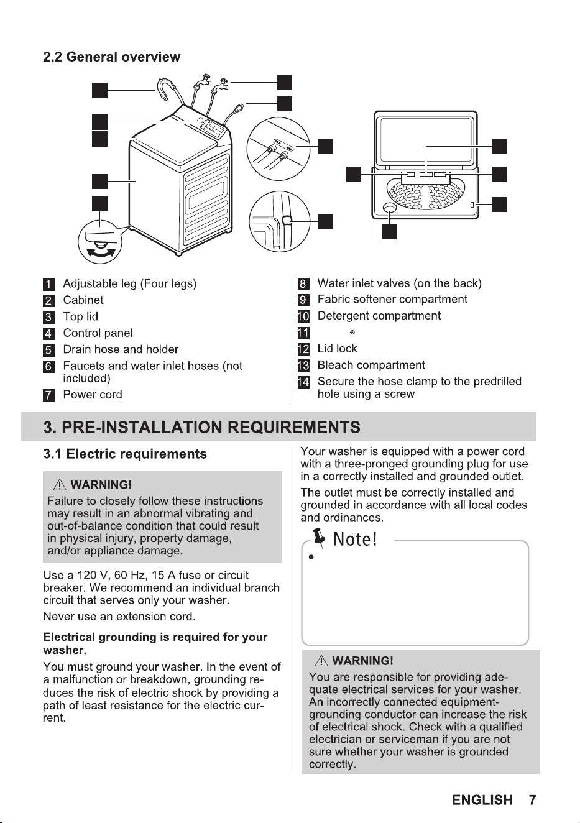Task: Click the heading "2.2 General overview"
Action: pyautogui.click(x=111, y=57)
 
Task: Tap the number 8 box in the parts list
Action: pyautogui.click(x=303, y=283)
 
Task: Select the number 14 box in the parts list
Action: pyautogui.click(x=303, y=382)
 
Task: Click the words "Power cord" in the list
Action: pyautogui.click(x=92, y=395)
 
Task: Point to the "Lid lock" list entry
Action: pyautogui.click(x=337, y=348)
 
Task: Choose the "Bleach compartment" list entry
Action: pyautogui.click(x=371, y=365)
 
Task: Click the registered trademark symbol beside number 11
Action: pyautogui.click(x=352, y=333)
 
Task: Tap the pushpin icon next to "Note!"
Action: pyautogui.click(x=319, y=538)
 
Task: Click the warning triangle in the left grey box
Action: pyautogui.click(x=59, y=485)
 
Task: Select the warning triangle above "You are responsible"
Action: pyautogui.click(x=321, y=661)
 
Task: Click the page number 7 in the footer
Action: pyautogui.click(x=532, y=800)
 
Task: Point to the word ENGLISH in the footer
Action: pyautogui.click(x=482, y=800)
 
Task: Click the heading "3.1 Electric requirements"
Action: pyautogui.click(x=125, y=454)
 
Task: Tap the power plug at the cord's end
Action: pyautogui.click(x=239, y=108)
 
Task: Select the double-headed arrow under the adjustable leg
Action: pyautogui.click(x=99, y=253)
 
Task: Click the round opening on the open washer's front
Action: pyautogui.click(x=390, y=208)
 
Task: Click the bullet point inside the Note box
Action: pyautogui.click(x=311, y=558)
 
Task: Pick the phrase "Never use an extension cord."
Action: pyautogui.click(x=119, y=617)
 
